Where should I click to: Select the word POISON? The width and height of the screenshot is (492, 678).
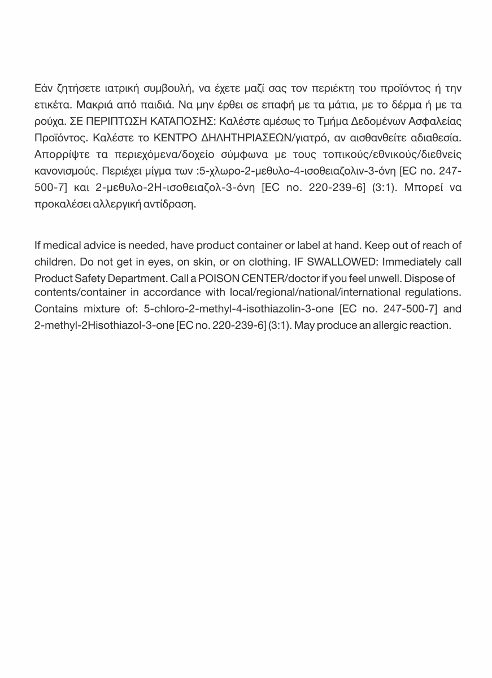pyautogui.click(x=220, y=278)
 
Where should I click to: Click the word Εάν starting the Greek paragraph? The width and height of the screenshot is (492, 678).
pyautogui.click(x=44, y=89)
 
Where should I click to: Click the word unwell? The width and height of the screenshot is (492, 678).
pyautogui.click(x=383, y=278)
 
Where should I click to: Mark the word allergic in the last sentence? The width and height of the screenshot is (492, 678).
pyautogui.click(x=390, y=325)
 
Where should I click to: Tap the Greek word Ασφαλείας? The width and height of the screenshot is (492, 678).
pyautogui.click(x=438, y=121)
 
